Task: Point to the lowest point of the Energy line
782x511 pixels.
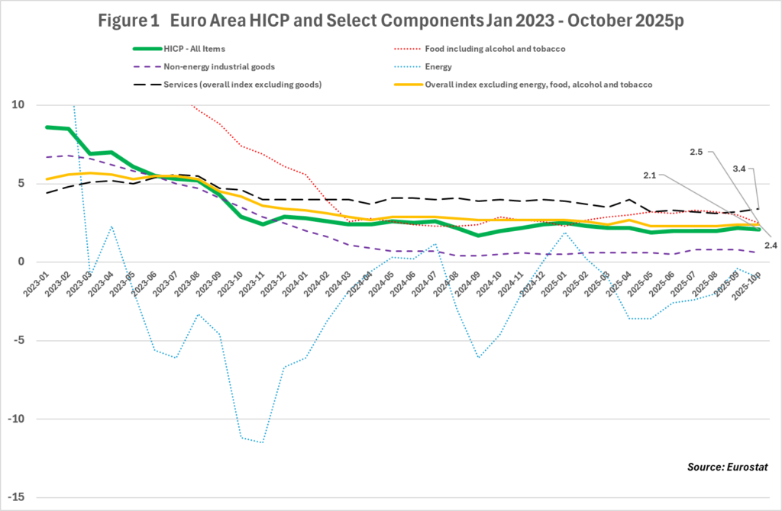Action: [263, 442]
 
